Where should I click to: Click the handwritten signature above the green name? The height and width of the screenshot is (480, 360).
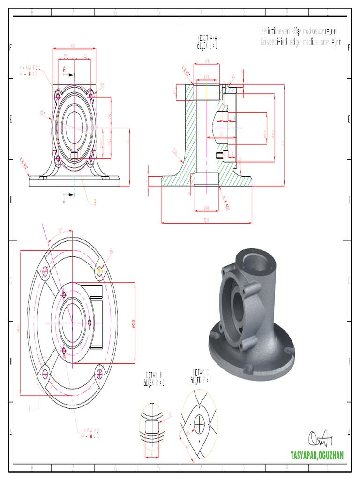click(321, 438)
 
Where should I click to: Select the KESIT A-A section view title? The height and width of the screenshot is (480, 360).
click(206, 41)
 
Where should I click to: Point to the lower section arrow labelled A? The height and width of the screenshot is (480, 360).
click(67, 195)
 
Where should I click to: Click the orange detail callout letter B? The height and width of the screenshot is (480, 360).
click(96, 202)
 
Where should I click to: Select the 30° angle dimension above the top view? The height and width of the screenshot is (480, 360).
click(60, 230)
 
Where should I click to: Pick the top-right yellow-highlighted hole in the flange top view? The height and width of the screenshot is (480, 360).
click(99, 270)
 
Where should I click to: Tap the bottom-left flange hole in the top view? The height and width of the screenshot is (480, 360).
click(45, 374)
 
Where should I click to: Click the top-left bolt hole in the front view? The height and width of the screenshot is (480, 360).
click(57, 97)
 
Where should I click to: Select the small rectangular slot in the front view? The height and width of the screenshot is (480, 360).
click(74, 155)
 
